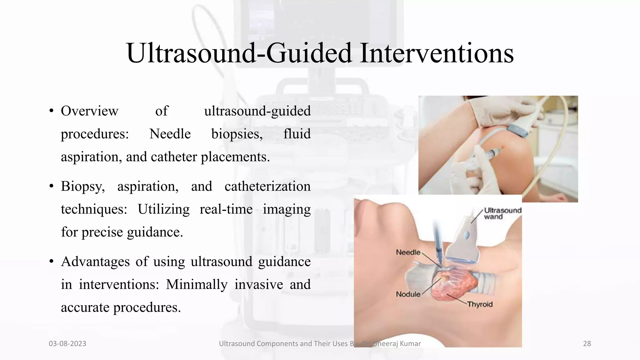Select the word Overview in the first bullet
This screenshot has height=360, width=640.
pyautogui.click(x=89, y=111)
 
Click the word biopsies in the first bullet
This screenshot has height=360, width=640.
pyautogui.click(x=237, y=134)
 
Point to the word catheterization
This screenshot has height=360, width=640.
pyautogui.click(x=267, y=186)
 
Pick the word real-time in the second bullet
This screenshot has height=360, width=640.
pyautogui.click(x=226, y=209)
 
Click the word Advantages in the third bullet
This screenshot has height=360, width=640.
pyautogui.click(x=95, y=262)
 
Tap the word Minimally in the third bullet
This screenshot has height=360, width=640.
pyautogui.click(x=197, y=284)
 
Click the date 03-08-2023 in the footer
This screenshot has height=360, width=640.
pyautogui.click(x=67, y=344)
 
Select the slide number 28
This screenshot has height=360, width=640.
pyautogui.click(x=587, y=344)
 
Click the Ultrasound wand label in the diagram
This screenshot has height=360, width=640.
pyautogui.click(x=502, y=213)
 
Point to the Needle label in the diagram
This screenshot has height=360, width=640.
pyautogui.click(x=408, y=252)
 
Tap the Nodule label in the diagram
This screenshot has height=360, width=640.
pyautogui.click(x=408, y=294)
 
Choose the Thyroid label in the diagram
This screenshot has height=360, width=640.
pyautogui.click(x=480, y=304)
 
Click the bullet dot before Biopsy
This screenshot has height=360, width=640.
pyautogui.click(x=52, y=187)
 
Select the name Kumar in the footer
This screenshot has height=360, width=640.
pyautogui.click(x=409, y=344)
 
